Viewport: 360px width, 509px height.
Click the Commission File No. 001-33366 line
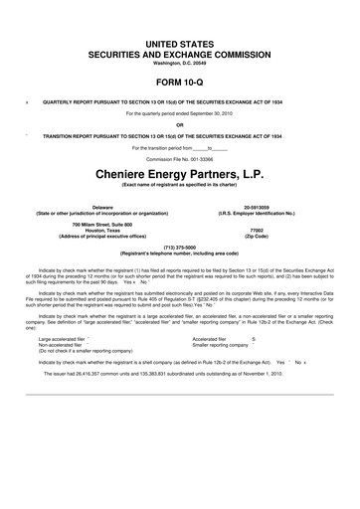coord(180,158)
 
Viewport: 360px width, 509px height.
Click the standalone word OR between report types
coord(180,124)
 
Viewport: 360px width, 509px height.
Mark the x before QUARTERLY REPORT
coord(26,101)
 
